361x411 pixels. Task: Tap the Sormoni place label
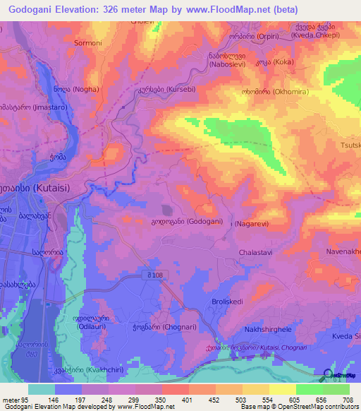tap(88, 42)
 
